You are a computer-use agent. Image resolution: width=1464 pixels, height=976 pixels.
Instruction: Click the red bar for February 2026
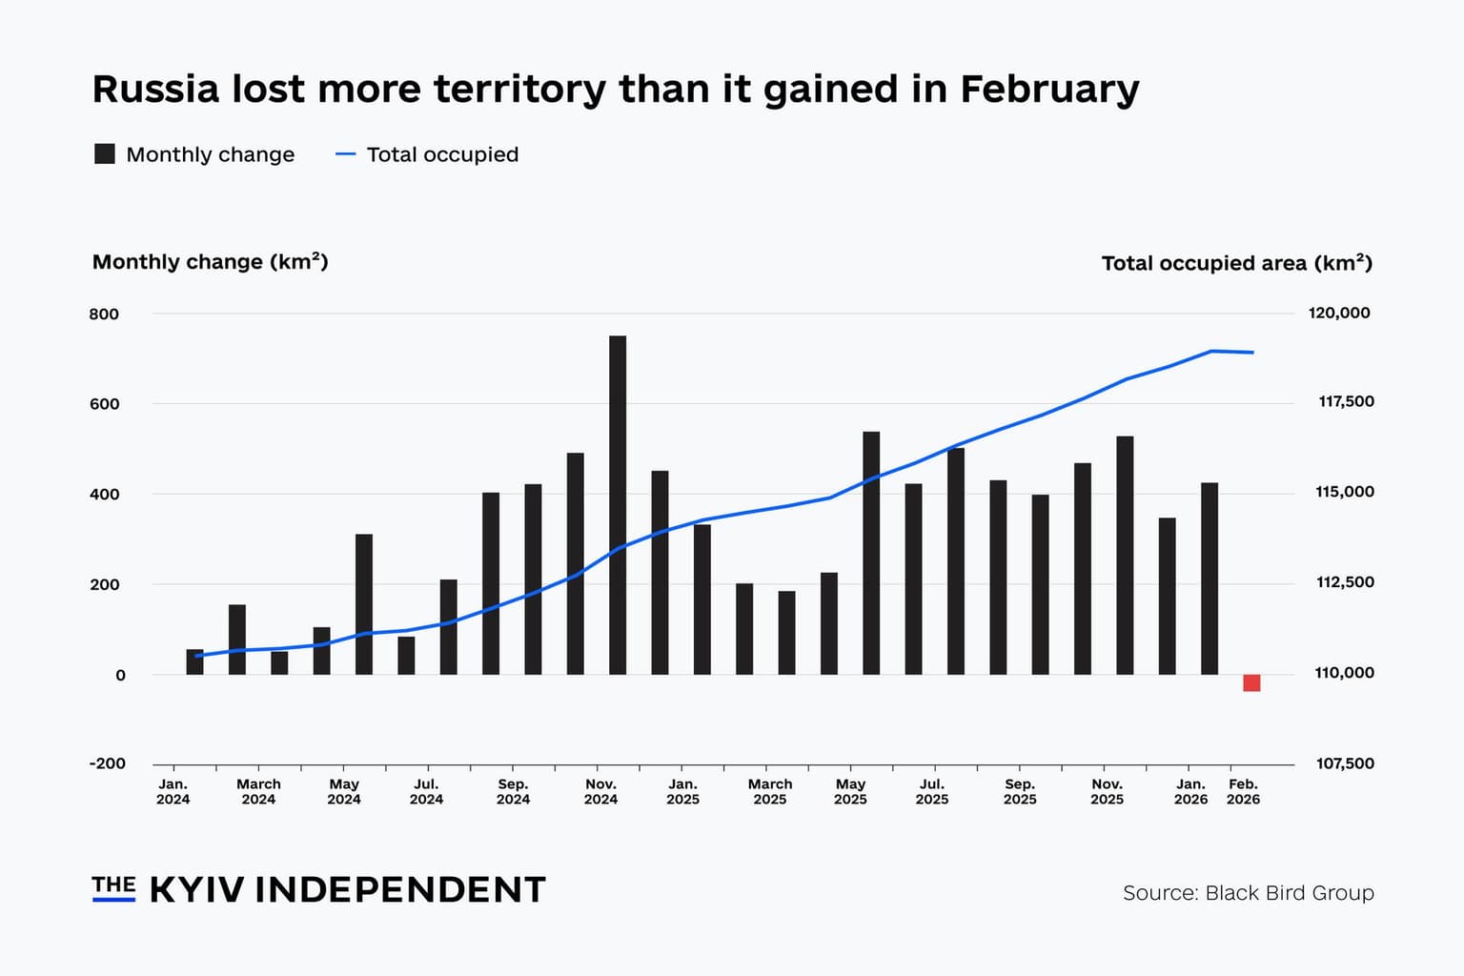click(1251, 682)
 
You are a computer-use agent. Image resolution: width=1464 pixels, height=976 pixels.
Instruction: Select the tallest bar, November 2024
click(618, 505)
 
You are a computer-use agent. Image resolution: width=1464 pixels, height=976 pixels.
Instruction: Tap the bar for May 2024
click(364, 604)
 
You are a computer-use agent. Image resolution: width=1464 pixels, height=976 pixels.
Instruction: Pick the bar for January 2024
click(194, 661)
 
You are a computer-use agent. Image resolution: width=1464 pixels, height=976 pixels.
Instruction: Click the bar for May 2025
click(871, 553)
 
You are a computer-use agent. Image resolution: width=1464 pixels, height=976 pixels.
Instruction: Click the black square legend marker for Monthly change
click(105, 154)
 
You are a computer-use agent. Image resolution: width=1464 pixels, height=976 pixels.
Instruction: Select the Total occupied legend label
click(442, 154)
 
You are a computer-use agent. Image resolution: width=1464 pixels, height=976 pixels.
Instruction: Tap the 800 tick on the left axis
click(104, 314)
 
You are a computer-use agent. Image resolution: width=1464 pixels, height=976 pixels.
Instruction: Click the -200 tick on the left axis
click(107, 763)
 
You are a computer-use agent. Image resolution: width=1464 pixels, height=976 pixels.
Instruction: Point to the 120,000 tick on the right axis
click(1339, 313)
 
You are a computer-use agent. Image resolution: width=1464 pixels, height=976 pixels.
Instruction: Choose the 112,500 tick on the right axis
click(1345, 582)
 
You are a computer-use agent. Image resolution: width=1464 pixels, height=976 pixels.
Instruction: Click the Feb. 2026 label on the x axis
click(1243, 791)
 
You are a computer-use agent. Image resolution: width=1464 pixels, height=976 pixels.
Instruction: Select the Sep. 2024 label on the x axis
click(513, 791)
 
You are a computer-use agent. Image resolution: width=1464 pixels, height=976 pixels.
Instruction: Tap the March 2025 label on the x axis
click(769, 791)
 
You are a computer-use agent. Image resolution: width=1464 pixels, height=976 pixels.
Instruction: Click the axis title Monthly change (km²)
click(210, 262)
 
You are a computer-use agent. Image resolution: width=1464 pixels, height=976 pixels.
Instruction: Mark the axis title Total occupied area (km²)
click(1236, 263)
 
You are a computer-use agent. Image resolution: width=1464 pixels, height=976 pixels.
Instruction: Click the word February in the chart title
click(1049, 89)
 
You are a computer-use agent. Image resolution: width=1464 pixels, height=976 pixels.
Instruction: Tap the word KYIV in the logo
click(197, 890)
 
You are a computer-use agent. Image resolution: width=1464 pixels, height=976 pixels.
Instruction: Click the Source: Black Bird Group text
click(1248, 893)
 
